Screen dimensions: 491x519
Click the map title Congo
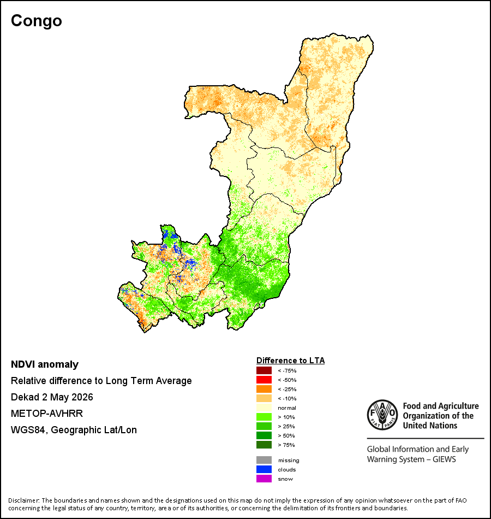pyautogui.click(x=37, y=21)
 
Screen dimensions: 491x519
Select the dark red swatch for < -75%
pyautogui.click(x=264, y=370)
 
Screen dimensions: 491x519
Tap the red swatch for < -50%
pyautogui.click(x=264, y=380)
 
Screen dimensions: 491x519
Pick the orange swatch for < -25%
pyautogui.click(x=264, y=389)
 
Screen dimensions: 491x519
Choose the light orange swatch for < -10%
pyautogui.click(x=264, y=398)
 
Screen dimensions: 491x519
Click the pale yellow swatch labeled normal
pyautogui.click(x=264, y=408)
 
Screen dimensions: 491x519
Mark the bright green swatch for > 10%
pyautogui.click(x=264, y=417)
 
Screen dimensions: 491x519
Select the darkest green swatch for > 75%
pyautogui.click(x=264, y=445)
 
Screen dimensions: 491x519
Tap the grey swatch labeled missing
pyautogui.click(x=264, y=460)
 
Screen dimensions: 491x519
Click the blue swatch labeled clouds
pyautogui.click(x=264, y=469)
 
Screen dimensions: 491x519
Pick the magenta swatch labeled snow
pyautogui.click(x=264, y=479)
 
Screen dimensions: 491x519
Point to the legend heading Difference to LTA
pyautogui.click(x=290, y=361)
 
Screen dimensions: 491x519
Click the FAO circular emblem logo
pyautogui.click(x=382, y=415)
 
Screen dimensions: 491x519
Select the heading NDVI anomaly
pyautogui.click(x=45, y=364)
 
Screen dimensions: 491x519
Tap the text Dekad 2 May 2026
pyautogui.click(x=52, y=397)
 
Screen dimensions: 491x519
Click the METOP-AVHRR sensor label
pyautogui.click(x=47, y=414)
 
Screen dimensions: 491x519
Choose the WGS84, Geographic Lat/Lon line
pyautogui.click(x=74, y=430)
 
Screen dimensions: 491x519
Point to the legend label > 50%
pyautogui.click(x=286, y=435)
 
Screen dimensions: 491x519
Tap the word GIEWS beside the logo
pyautogui.click(x=444, y=459)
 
